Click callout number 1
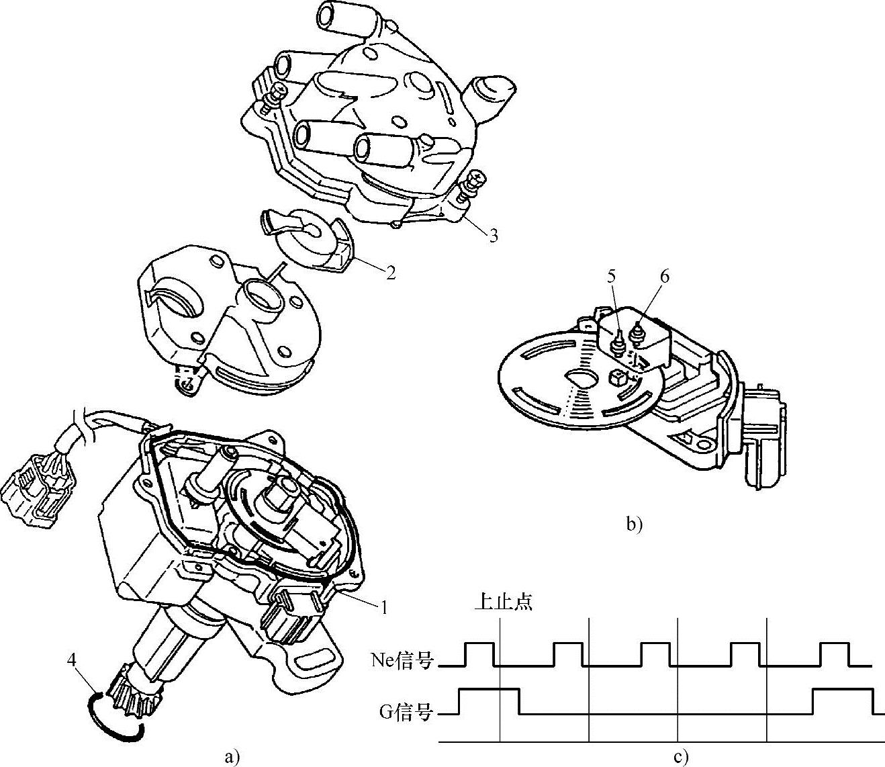pyautogui.click(x=384, y=607)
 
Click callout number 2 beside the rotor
pyautogui.click(x=391, y=273)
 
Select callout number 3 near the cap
pyautogui.click(x=494, y=235)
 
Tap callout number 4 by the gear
pyautogui.click(x=71, y=660)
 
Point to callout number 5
pyautogui.click(x=611, y=277)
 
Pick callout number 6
pyautogui.click(x=664, y=277)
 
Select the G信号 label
pyautogui.click(x=406, y=711)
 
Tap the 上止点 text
pyautogui.click(x=504, y=603)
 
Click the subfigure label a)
pyautogui.click(x=232, y=757)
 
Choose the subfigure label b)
pyautogui.click(x=635, y=525)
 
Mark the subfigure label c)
pyautogui.click(x=681, y=757)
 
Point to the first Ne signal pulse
pyautogui.click(x=479, y=654)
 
